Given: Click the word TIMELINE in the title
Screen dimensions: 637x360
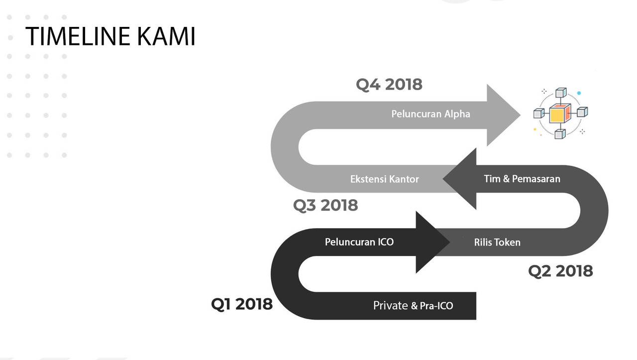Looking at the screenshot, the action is coord(77,36).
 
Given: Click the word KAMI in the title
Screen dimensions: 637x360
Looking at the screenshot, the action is coord(166,36).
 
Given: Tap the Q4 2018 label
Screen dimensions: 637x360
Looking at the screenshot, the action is coord(389,85).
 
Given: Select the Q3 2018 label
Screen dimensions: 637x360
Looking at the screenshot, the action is coord(325,205).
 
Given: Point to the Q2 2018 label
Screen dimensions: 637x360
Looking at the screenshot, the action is coord(560,271).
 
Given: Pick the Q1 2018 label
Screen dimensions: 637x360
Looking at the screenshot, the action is coord(242,304).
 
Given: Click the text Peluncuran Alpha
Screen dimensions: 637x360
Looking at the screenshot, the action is coord(430,114).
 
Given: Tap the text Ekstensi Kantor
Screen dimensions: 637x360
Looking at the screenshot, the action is coord(385,179).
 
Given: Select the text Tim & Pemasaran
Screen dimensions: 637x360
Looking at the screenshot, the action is coord(522,179).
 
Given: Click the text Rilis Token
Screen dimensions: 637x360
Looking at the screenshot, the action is coord(497,242).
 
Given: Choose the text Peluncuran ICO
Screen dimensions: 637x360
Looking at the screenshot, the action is coord(359,242).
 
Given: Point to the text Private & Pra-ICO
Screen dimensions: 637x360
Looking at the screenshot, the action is coord(413,306).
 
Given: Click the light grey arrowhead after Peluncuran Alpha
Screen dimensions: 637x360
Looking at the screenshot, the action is coord(501,115).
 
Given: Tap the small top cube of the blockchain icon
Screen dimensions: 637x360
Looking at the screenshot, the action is coord(561,93).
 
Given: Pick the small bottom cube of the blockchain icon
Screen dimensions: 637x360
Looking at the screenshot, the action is coord(560,134).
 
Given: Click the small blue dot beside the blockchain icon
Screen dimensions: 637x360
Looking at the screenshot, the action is coord(579,93).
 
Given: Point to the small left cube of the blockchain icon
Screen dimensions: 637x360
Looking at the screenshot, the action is coord(539,113).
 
